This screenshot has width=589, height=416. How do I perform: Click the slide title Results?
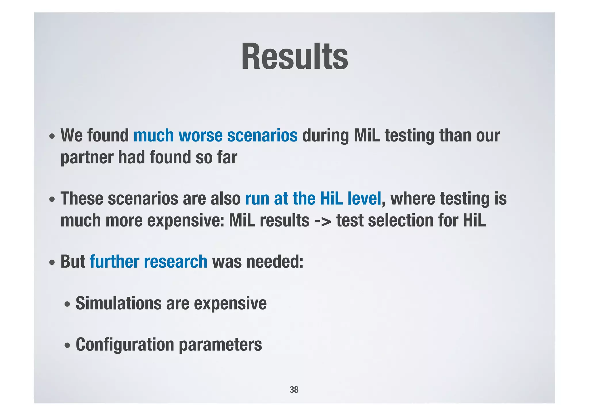point(294,57)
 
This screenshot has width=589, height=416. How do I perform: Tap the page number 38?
point(294,390)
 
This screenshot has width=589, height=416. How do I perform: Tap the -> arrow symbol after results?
point(323,221)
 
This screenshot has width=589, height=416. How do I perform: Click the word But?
point(73,262)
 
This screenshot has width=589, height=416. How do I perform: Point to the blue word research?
point(175,262)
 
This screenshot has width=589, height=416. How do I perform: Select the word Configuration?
point(125,344)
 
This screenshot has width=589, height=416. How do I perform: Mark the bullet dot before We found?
point(52,136)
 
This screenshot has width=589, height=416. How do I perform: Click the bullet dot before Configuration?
point(67,345)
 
